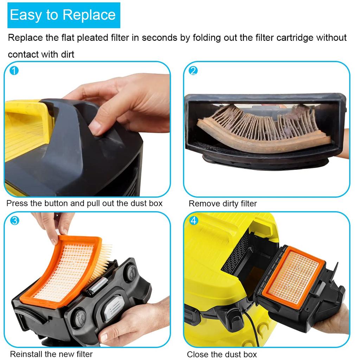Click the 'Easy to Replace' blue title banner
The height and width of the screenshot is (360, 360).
(x=64, y=15)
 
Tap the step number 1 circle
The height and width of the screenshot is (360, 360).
(x=14, y=71)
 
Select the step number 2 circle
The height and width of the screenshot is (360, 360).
(x=193, y=71)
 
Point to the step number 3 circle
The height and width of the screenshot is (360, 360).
(x=14, y=221)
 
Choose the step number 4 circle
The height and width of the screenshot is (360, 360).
(x=194, y=221)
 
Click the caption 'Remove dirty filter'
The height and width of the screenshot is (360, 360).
(x=223, y=204)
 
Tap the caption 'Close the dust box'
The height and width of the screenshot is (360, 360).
(x=221, y=354)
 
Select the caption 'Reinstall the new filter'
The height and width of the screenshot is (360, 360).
(x=51, y=354)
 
